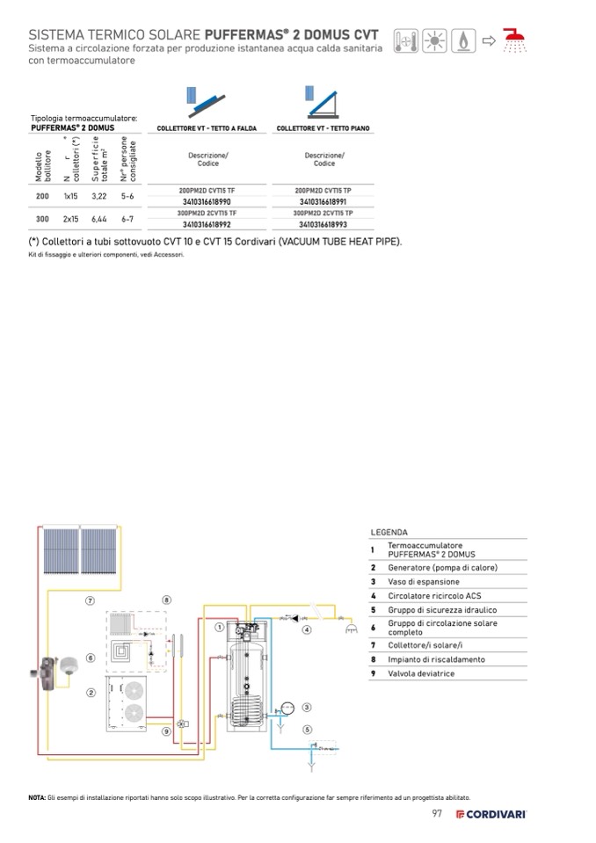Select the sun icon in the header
435,40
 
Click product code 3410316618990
207,201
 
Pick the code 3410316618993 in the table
324,224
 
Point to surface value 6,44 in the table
98,218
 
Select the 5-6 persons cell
127,195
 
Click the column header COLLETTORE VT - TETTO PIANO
323,128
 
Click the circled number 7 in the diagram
90,600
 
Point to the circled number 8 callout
166,600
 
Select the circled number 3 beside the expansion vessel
307,707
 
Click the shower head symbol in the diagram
351,629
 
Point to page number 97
436,813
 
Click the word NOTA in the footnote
37,797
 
